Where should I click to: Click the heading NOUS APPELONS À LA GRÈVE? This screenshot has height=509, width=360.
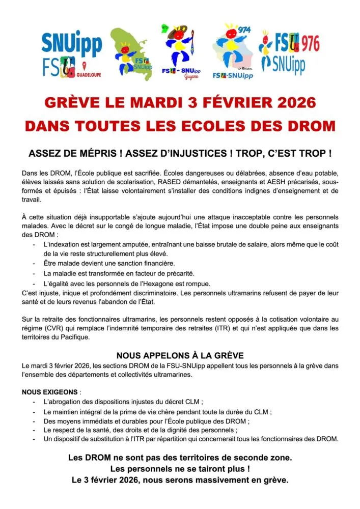(x=180, y=356)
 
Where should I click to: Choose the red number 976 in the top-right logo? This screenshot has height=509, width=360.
(x=309, y=44)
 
